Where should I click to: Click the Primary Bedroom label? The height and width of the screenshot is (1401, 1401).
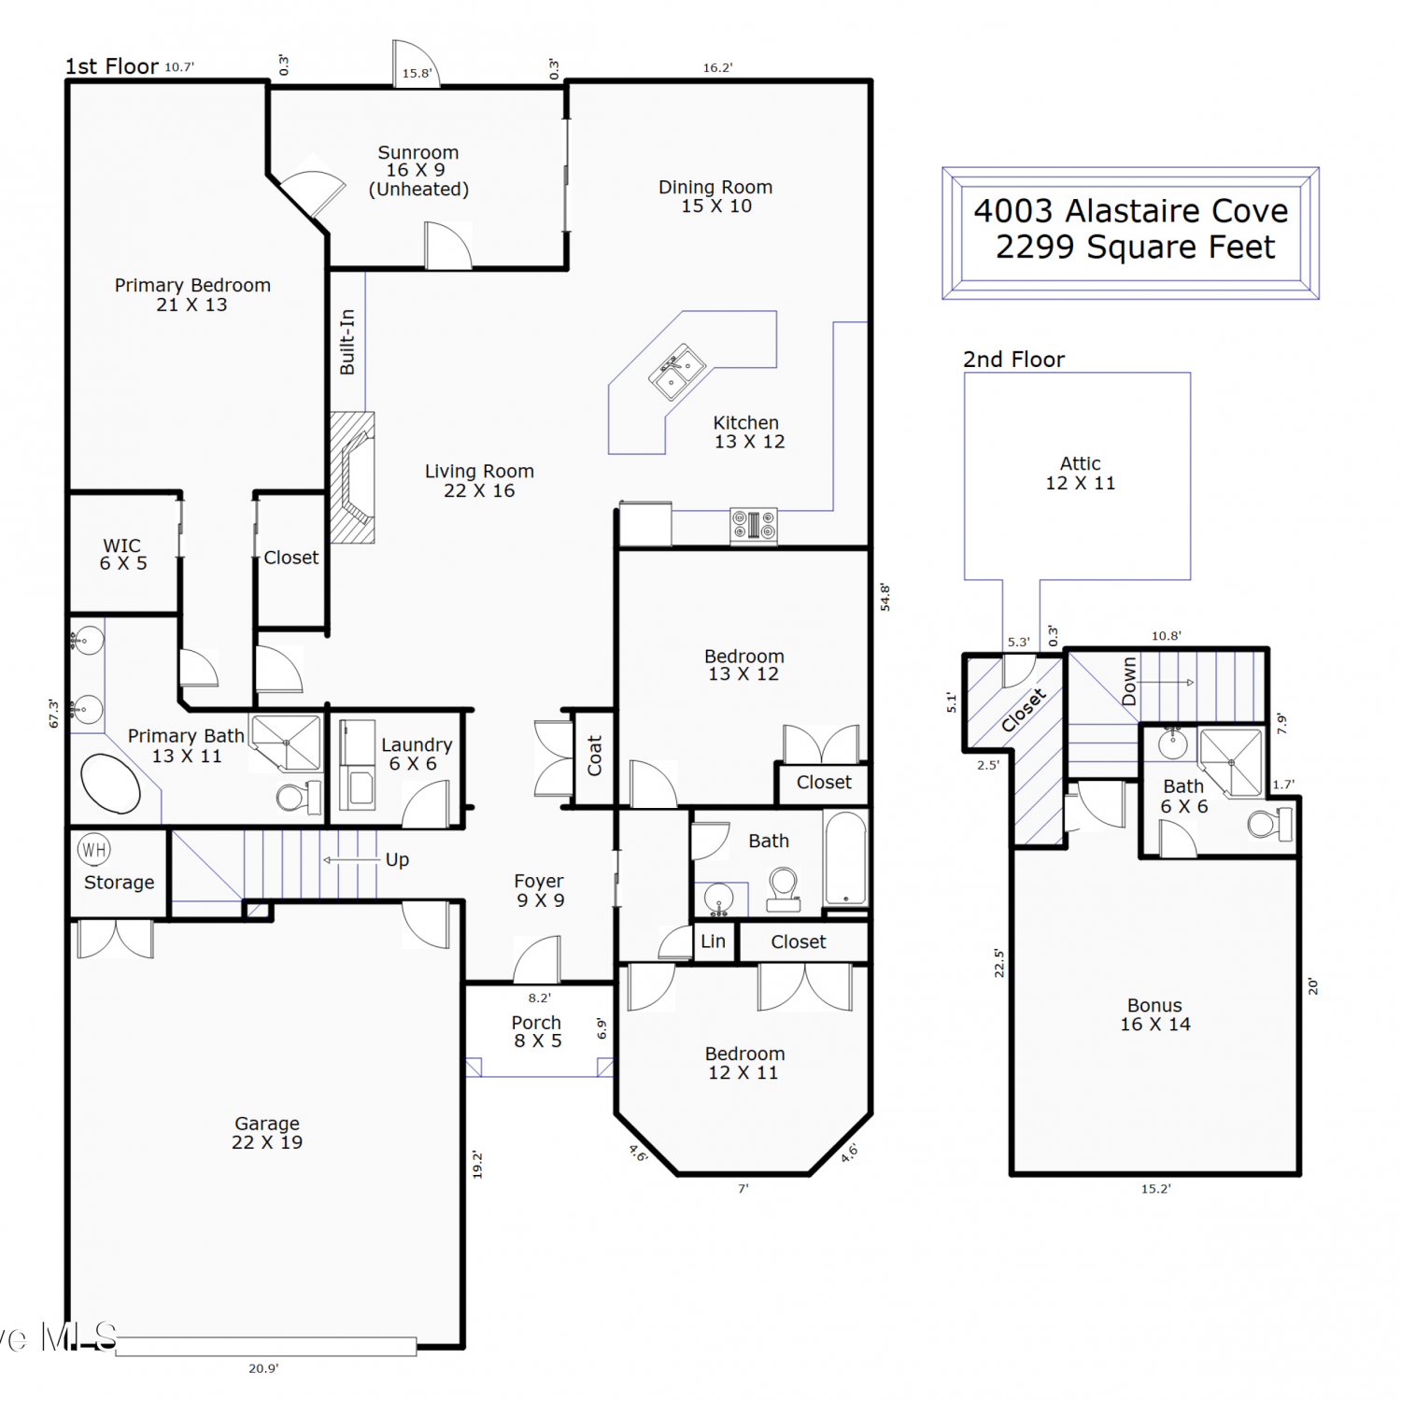pyautogui.click(x=192, y=294)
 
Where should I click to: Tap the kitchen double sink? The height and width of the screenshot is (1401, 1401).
pyautogui.click(x=677, y=372)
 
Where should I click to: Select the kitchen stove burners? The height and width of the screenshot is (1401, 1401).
pyautogui.click(x=754, y=525)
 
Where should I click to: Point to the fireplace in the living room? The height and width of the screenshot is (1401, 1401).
pyautogui.click(x=353, y=477)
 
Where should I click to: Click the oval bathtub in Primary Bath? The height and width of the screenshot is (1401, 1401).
pyautogui.click(x=110, y=783)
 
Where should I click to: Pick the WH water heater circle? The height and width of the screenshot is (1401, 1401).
pyautogui.click(x=93, y=849)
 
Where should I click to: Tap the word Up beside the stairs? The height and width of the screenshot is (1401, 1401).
pyautogui.click(x=397, y=860)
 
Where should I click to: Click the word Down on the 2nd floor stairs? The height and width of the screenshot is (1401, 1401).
pyautogui.click(x=1129, y=681)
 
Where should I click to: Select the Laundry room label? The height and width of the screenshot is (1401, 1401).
pyautogui.click(x=417, y=754)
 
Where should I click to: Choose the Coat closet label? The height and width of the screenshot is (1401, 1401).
pyautogui.click(x=594, y=756)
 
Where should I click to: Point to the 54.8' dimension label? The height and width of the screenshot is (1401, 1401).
pyautogui.click(x=884, y=597)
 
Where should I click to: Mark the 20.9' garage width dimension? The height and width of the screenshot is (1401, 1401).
pyautogui.click(x=263, y=1368)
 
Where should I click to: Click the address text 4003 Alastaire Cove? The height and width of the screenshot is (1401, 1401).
pyautogui.click(x=1131, y=211)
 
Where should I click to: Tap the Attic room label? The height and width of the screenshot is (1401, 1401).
pyautogui.click(x=1081, y=473)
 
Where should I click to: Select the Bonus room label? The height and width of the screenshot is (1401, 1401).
pyautogui.click(x=1155, y=1014)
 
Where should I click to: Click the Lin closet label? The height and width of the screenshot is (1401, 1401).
pyautogui.click(x=713, y=941)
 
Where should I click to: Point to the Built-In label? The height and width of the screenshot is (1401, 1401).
pyautogui.click(x=347, y=342)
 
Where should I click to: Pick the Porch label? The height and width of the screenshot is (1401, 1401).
pyautogui.click(x=537, y=1031)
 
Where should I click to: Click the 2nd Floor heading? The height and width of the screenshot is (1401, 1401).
pyautogui.click(x=1013, y=360)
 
